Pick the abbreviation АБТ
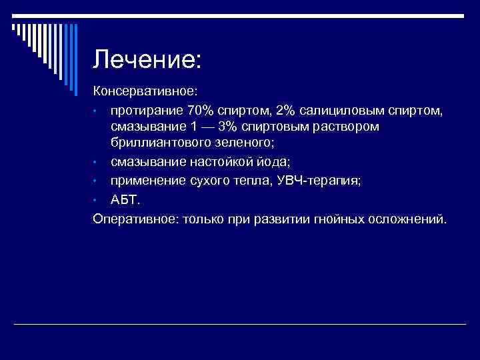[125, 200]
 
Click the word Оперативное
[133, 219]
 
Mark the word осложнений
[406, 219]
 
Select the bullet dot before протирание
[97, 109]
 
